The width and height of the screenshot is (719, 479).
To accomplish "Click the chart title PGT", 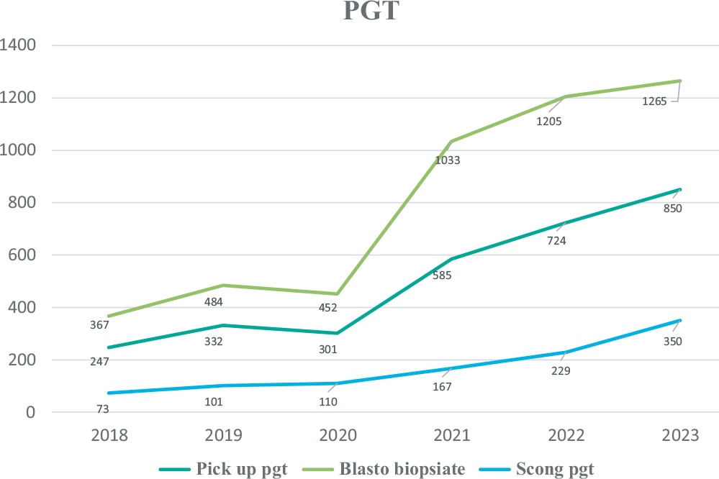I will pos(370,12).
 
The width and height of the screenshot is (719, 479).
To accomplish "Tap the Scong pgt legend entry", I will pos(555,470).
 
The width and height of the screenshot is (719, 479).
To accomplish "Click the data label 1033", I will pos(447,160).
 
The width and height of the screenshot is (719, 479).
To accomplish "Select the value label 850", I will pos(673,209).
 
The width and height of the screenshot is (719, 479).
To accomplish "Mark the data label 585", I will pos(442,275).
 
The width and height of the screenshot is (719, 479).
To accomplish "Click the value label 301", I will pos(327,350).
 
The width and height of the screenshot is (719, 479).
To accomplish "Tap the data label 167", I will pos(442,387).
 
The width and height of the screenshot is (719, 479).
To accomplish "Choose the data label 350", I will pos(673,341).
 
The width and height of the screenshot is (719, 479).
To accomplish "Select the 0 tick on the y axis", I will pos(30,413).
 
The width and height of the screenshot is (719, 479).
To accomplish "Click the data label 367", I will pos(99,325).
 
